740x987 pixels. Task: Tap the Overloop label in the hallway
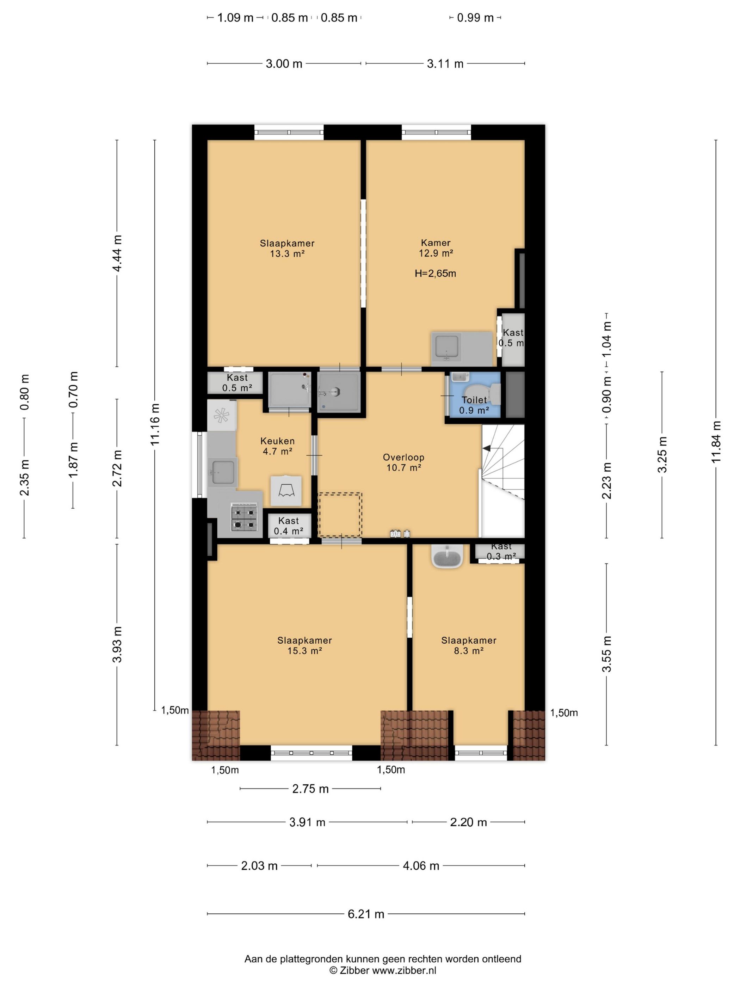[403, 457]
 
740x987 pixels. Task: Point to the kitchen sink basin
[223, 472]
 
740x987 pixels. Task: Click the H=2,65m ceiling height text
[435, 273]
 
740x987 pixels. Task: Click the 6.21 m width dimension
[366, 914]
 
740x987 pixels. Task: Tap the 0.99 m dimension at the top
[475, 18]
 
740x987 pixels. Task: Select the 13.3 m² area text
[287, 254]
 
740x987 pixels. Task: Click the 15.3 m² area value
[305, 651]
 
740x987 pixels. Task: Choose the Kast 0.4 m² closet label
[289, 526]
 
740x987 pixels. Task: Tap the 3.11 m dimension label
[445, 64]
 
